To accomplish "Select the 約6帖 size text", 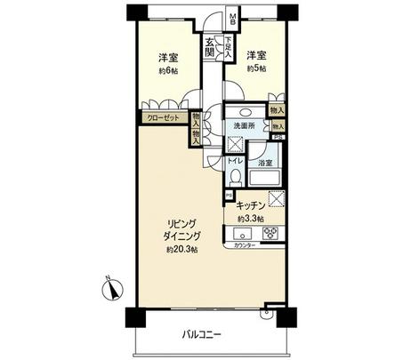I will pyautogui.click(x=168, y=70).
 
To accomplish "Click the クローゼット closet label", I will pyautogui.click(x=158, y=116).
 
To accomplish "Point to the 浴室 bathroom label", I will pyautogui.click(x=264, y=164).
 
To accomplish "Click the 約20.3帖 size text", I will pyautogui.click(x=181, y=250).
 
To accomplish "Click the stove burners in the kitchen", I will pyautogui.click(x=269, y=235).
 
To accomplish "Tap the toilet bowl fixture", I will pyautogui.click(x=234, y=177).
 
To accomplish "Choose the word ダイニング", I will pyautogui.click(x=181, y=236).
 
